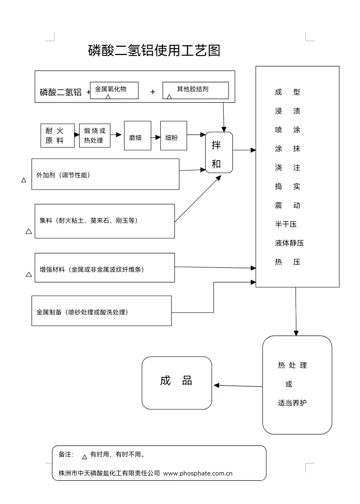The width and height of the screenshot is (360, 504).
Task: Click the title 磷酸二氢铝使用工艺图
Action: coord(154,51)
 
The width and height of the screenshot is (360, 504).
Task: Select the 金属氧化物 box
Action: coord(114,90)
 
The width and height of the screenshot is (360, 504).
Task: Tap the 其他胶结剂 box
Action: coord(196,90)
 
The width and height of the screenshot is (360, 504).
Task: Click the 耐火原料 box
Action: coord(58,135)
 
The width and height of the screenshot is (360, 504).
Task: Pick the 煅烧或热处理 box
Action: coord(95,135)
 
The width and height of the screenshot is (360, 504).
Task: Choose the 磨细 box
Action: coord(138,136)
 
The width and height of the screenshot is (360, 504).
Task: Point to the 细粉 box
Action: coord(174,136)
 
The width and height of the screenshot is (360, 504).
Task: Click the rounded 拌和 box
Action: coord(219,153)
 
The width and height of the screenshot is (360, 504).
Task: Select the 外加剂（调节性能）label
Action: coord(63,175)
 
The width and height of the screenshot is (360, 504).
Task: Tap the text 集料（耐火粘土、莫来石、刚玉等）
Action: coord(89,221)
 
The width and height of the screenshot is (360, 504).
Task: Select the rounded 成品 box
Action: coord(177,383)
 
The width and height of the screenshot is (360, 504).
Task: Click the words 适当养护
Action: coord(292,403)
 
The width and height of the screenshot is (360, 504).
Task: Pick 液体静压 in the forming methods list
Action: coord(289,243)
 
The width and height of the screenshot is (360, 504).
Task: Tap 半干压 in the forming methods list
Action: coord(286,224)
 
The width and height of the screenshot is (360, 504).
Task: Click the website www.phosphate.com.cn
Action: coord(198,473)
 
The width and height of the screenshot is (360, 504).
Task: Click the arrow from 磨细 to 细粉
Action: coord(156,137)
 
